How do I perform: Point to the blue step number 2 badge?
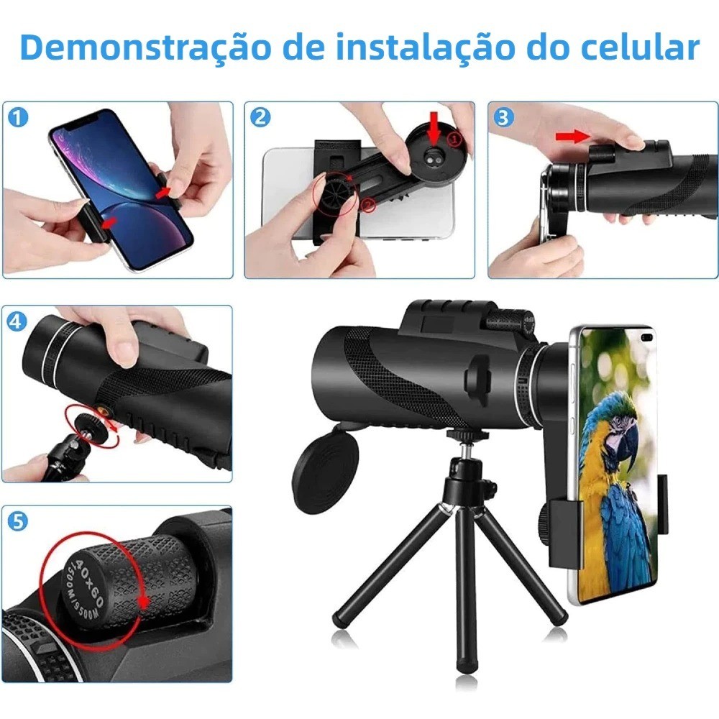(x=260, y=118)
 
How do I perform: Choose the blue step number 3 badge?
(x=503, y=118)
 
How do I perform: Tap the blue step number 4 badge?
(x=17, y=321)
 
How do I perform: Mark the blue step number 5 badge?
(x=17, y=522)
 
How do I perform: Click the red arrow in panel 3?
(x=573, y=136)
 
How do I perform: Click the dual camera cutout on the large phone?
(x=646, y=339)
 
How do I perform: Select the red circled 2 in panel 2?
(x=367, y=204)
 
